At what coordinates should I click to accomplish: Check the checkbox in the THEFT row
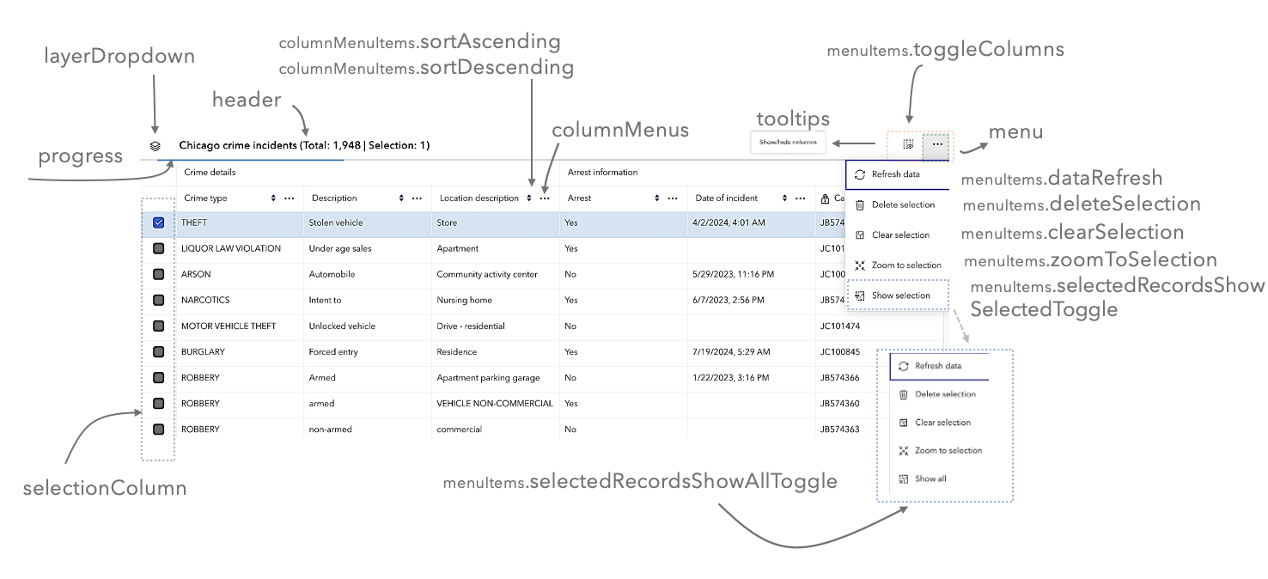tap(158, 222)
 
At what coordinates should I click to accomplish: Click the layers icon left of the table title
tap(155, 146)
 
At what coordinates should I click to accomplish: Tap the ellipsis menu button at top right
tap(937, 144)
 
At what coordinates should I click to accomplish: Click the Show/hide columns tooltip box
tap(788, 142)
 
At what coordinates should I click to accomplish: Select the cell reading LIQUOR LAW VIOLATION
tap(231, 248)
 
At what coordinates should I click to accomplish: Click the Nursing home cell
tap(464, 300)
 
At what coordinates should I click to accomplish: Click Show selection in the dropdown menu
tap(900, 296)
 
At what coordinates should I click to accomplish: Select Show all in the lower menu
tap(930, 478)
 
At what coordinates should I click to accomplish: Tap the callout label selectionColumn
tap(105, 489)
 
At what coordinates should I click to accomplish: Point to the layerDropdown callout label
tap(119, 57)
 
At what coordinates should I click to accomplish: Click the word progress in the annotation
tap(81, 156)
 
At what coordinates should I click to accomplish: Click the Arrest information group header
tap(603, 173)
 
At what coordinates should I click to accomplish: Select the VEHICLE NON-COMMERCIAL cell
tap(495, 403)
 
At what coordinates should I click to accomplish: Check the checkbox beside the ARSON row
tap(158, 274)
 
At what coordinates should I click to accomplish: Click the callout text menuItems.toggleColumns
tap(945, 50)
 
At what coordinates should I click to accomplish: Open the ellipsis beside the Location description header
tap(545, 198)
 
